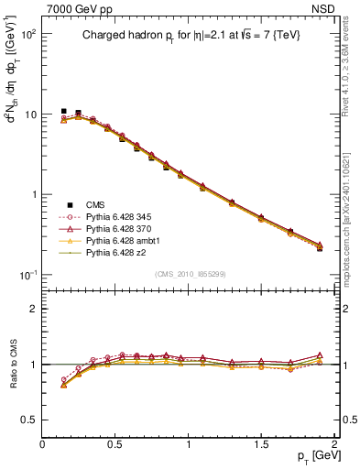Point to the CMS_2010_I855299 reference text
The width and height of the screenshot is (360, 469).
190,274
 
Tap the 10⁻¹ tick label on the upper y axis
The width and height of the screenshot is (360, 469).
27,275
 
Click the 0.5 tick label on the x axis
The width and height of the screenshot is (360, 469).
115,444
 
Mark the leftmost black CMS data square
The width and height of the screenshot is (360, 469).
64,111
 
